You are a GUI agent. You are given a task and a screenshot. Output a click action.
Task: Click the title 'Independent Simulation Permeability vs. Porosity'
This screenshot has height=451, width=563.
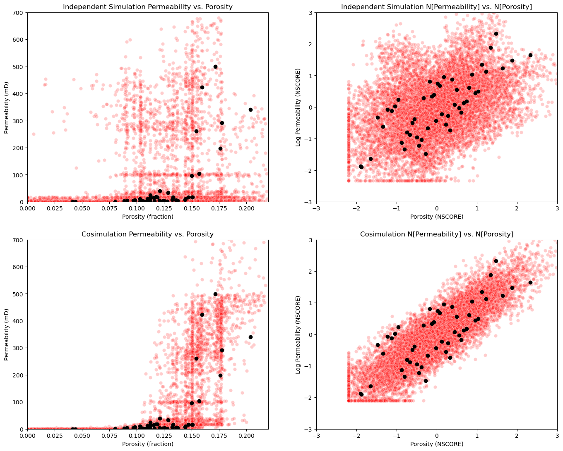pyautogui.click(x=147, y=7)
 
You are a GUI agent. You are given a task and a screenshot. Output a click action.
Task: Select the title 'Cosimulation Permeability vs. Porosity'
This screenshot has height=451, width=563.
pyautogui.click(x=147, y=234)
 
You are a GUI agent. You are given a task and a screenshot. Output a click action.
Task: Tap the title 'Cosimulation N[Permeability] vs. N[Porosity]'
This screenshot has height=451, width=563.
pyautogui.click(x=437, y=234)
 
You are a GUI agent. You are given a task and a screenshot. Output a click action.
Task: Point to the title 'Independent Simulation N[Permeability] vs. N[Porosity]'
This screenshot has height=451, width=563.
pyautogui.click(x=436, y=7)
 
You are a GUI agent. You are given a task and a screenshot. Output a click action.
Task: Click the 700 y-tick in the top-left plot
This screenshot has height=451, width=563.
pyautogui.click(x=18, y=13)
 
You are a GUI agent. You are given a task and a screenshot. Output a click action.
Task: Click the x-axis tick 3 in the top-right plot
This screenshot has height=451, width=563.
pyautogui.click(x=557, y=208)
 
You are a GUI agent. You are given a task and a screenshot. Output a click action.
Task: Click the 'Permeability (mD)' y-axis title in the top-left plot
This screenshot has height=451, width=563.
pyautogui.click(x=6, y=107)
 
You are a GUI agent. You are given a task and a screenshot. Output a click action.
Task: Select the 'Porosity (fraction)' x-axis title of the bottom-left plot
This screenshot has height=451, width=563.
pyautogui.click(x=147, y=444)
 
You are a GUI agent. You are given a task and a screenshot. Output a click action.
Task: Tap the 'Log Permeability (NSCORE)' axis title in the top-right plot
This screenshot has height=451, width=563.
pyautogui.click(x=298, y=107)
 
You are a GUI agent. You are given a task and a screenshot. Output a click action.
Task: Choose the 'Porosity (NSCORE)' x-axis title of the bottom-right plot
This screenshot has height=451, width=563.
pyautogui.click(x=437, y=444)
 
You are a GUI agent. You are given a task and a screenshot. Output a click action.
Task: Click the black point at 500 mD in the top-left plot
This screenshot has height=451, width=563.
pyautogui.click(x=215, y=67)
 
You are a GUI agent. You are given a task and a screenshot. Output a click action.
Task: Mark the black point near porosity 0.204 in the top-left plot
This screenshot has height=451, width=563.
pyautogui.click(x=250, y=110)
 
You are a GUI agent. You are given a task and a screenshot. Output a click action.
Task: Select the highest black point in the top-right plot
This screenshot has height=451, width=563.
pyautogui.click(x=496, y=34)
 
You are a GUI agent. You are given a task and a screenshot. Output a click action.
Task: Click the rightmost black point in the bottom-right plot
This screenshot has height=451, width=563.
pyautogui.click(x=530, y=282)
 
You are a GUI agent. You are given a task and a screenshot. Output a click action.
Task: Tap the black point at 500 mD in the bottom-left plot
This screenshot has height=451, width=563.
pyautogui.click(x=215, y=294)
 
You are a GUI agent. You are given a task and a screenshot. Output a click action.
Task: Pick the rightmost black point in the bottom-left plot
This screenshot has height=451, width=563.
pyautogui.click(x=250, y=337)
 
